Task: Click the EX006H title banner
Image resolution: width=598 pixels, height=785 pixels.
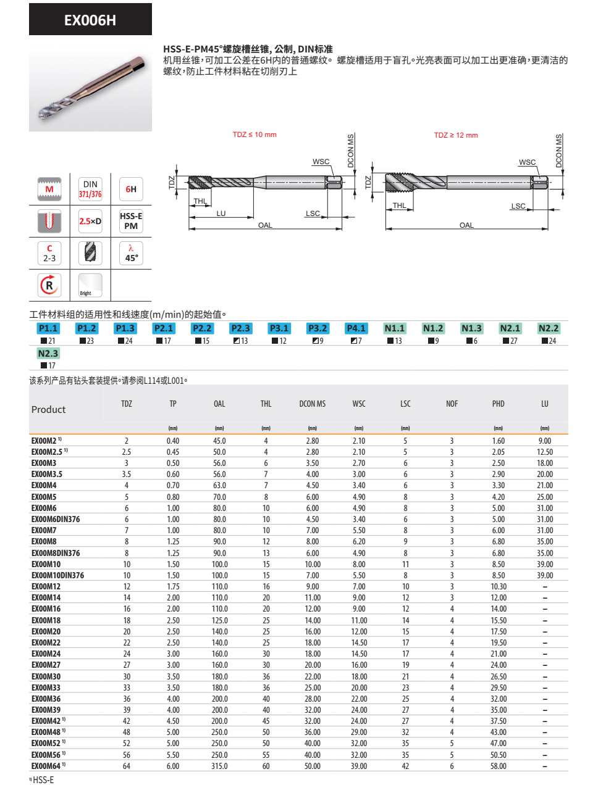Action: tap(90, 20)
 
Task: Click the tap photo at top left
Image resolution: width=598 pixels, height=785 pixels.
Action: tap(90, 85)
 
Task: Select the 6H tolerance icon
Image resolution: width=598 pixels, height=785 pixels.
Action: tap(131, 189)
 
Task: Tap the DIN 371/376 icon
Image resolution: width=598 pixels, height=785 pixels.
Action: tap(90, 189)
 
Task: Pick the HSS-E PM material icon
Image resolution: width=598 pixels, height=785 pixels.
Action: tap(131, 221)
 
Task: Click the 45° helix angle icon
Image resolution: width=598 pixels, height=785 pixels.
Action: tap(131, 254)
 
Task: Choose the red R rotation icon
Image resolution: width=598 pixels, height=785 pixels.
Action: tap(49, 285)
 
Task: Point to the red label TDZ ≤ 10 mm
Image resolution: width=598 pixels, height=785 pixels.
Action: tap(255, 135)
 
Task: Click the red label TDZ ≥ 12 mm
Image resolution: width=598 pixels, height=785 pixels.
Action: tap(456, 135)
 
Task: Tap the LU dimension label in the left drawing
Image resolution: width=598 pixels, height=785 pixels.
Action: tap(221, 214)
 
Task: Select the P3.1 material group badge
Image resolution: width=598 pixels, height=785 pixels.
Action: tap(279, 328)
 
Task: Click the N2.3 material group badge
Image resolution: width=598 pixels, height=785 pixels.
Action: tap(48, 354)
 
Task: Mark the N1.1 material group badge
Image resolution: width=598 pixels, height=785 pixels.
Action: tap(395, 328)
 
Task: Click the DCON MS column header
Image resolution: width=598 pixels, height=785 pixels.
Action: tap(313, 404)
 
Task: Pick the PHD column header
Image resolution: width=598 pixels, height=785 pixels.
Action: tap(499, 404)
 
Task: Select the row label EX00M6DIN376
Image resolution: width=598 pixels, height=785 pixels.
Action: tap(56, 519)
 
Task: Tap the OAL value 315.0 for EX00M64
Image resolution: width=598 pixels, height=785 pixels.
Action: tap(219, 766)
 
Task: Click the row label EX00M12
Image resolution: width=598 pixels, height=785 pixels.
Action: tap(46, 586)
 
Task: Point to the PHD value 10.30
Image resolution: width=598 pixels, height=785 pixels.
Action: tap(499, 586)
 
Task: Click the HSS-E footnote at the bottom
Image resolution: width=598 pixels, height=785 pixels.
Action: tap(42, 780)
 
